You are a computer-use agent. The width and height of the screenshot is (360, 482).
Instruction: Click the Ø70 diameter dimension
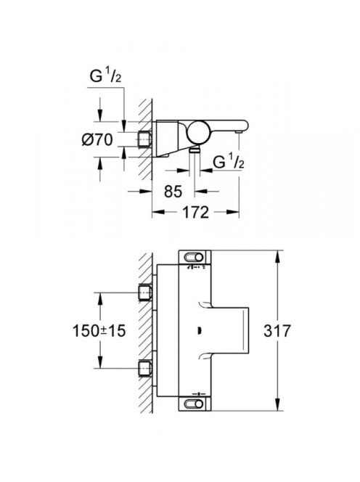97,140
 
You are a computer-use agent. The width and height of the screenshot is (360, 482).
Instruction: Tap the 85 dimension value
173,192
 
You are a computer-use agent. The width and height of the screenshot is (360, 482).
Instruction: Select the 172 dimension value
196,212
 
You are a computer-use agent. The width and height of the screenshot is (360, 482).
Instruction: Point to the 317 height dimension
277,331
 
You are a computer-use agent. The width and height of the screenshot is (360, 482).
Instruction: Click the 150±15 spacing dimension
99,331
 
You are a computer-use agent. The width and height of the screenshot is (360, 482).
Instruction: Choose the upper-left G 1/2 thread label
105,75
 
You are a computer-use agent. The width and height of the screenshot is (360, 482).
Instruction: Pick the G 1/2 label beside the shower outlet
229,162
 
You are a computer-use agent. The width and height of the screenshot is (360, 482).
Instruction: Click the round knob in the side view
199,132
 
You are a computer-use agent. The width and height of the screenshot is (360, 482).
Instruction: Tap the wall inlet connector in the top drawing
144,140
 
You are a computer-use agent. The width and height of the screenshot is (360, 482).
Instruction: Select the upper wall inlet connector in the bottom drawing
144,293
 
